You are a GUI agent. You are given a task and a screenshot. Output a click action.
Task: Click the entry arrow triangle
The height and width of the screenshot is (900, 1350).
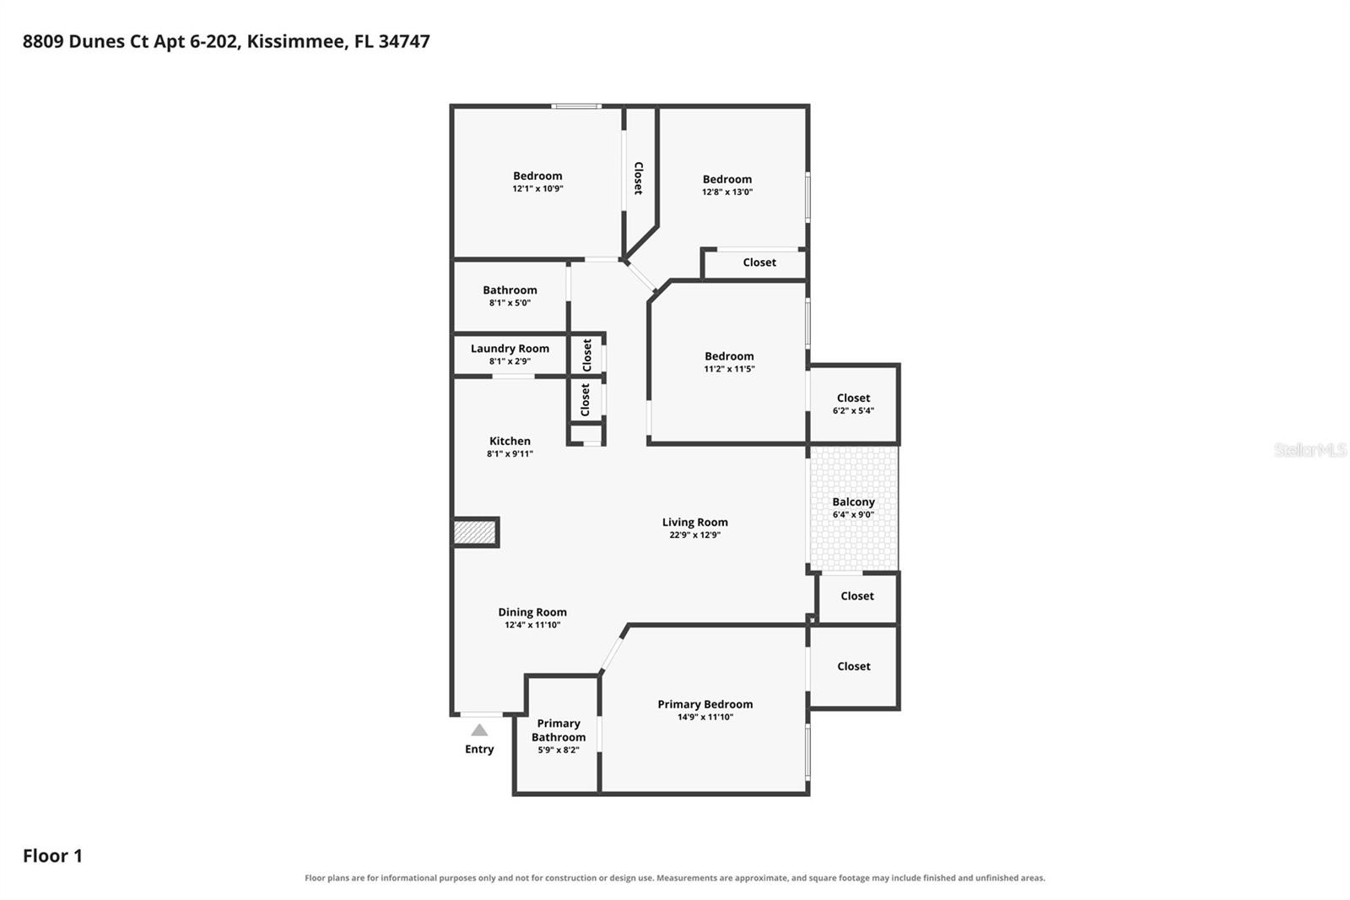479,730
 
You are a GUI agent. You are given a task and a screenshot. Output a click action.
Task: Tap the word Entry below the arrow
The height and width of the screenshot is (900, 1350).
479,749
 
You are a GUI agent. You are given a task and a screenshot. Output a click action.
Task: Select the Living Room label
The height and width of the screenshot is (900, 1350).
695,523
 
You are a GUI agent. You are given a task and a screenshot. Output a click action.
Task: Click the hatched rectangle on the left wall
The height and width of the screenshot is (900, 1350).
475,533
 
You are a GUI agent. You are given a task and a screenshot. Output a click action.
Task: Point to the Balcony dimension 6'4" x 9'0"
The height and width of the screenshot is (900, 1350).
853,514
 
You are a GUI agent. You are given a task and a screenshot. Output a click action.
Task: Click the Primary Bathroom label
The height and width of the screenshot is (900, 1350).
559,730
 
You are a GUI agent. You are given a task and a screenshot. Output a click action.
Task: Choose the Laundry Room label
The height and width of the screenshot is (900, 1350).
510,349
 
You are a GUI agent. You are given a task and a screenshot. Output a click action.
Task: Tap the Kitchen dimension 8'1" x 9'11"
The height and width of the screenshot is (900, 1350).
510,453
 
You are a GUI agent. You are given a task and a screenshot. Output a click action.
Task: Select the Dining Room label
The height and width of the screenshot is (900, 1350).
532,612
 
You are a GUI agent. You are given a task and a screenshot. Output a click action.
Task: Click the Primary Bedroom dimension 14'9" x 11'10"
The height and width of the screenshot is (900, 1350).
705,717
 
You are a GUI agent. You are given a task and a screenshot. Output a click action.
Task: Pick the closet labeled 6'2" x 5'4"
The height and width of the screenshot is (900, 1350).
853,404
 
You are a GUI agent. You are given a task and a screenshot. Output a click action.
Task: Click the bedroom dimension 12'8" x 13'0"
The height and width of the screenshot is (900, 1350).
727,192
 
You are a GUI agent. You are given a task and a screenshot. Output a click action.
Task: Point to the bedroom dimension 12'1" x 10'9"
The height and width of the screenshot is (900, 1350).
537,188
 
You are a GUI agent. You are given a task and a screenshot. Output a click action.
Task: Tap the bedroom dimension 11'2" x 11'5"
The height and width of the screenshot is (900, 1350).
729,369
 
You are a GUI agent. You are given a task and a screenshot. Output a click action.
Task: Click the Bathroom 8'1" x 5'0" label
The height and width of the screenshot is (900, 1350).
510,295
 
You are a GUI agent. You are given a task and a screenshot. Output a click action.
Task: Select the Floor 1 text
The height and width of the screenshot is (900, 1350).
52,856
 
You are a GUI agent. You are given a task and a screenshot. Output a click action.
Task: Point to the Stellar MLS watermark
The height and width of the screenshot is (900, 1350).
1310,449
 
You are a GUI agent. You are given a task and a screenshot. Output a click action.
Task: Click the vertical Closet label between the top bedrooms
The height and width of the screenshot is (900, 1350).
639,178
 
